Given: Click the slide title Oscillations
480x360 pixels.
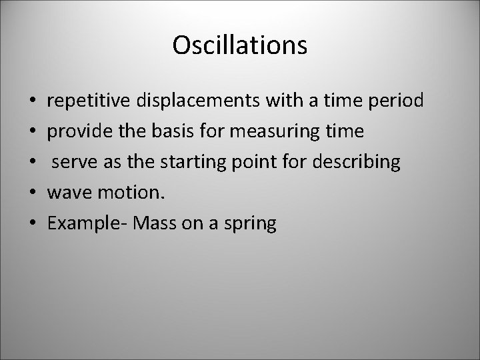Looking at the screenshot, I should pos(239,45).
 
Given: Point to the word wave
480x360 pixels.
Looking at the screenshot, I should pos(67,193).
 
